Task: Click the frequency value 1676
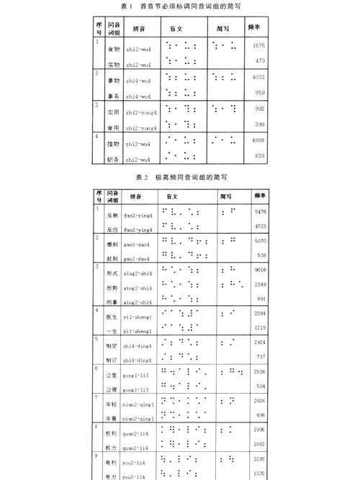[259, 45]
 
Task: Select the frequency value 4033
[259, 76]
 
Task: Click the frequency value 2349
[261, 285]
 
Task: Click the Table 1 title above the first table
[180, 6]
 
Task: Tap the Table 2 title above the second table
[181, 176]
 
